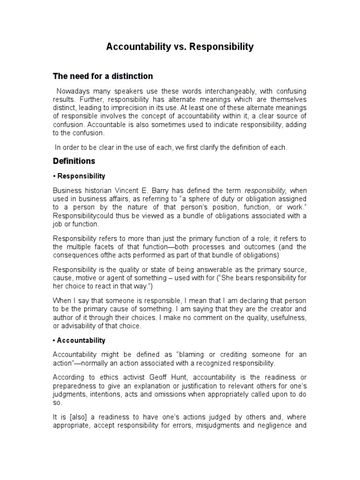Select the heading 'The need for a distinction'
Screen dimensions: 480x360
(x=103, y=76)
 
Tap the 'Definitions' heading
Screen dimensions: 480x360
(x=74, y=161)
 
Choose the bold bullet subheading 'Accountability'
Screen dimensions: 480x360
(x=81, y=340)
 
